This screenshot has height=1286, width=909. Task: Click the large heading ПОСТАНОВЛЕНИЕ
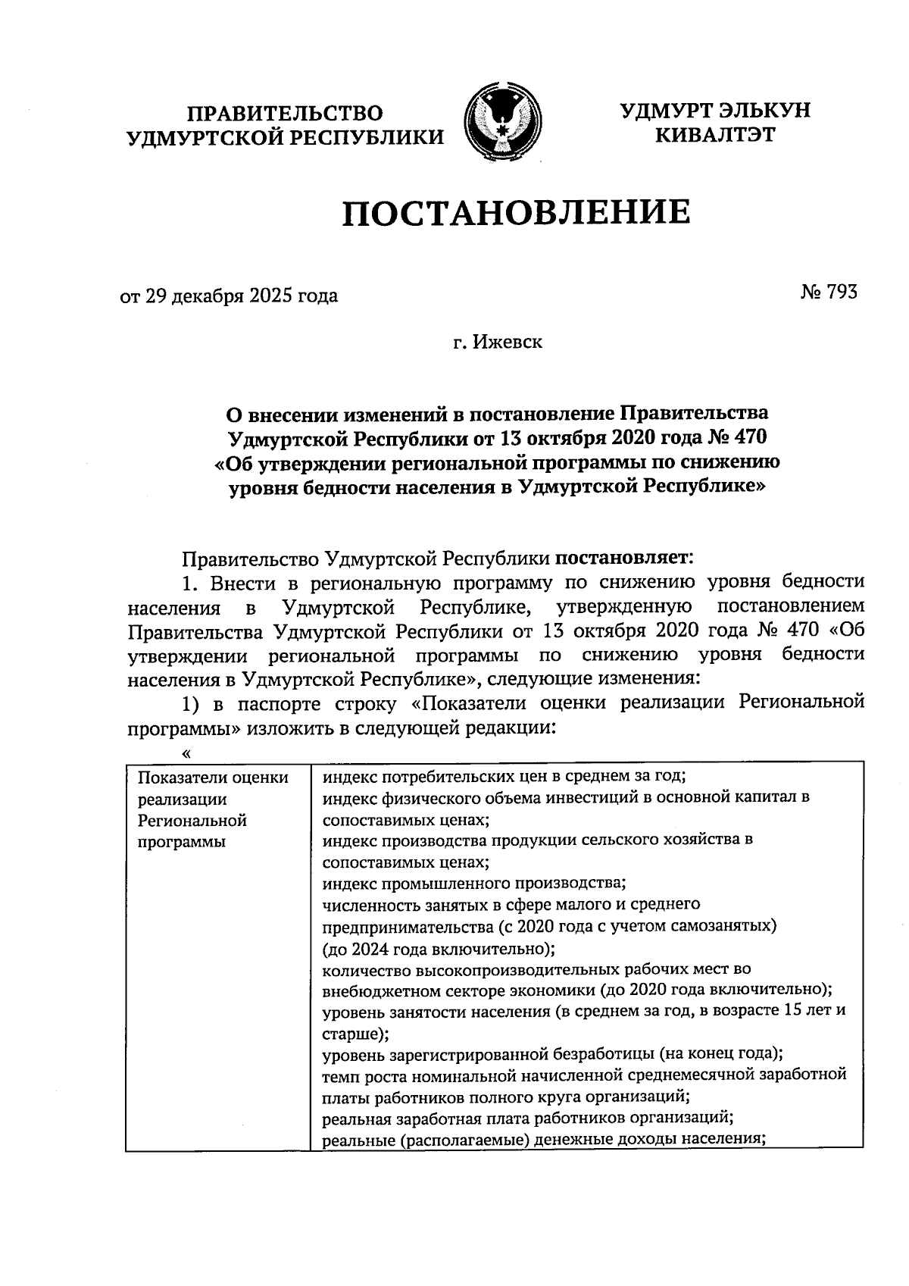516,212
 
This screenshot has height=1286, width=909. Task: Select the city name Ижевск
508,343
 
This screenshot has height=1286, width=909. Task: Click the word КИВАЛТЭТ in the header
715,136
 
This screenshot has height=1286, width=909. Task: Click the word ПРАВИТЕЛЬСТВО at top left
286,114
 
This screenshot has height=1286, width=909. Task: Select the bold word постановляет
623,559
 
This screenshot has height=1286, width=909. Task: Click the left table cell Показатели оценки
214,778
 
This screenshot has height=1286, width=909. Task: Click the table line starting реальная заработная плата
526,1117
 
